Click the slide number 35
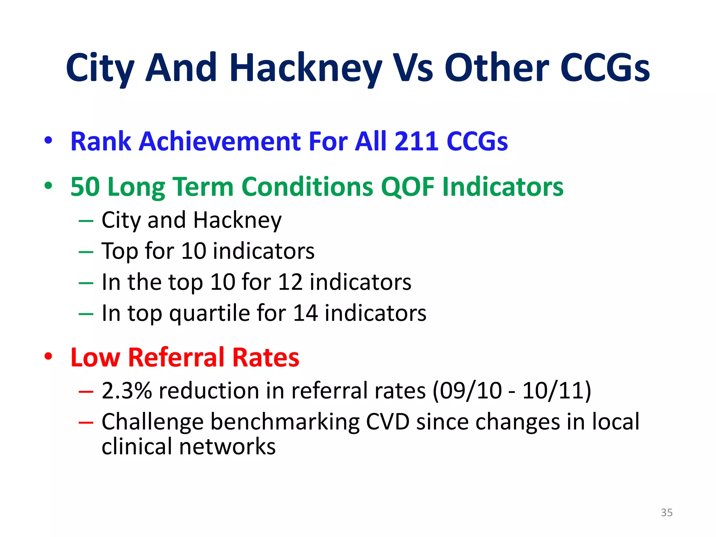[x=666, y=513]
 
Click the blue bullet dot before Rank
[x=48, y=141]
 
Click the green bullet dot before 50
[x=48, y=186]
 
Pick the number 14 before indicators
[x=305, y=313]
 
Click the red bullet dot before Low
[x=48, y=357]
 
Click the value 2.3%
[x=127, y=391]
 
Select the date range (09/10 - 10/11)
[x=511, y=391]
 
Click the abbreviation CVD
[x=387, y=422]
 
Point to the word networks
[x=227, y=447]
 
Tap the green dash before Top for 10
[x=86, y=252]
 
